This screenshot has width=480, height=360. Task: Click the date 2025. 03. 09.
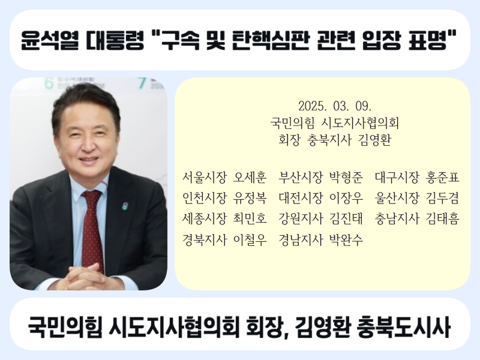[335, 106]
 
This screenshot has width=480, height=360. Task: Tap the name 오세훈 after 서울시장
[250, 178]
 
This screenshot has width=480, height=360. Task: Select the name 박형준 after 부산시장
[346, 178]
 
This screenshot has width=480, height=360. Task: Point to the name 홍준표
[442, 178]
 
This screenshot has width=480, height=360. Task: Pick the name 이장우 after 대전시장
[346, 198]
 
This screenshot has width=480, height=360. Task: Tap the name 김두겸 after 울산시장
[442, 198]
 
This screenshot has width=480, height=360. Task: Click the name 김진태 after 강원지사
[346, 218]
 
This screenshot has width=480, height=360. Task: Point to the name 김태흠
[442, 218]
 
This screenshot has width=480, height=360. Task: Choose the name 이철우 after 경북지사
[250, 239]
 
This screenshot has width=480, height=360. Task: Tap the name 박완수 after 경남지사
[346, 239]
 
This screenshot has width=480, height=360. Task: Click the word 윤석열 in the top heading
[49, 40]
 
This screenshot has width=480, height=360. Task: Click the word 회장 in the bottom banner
[266, 326]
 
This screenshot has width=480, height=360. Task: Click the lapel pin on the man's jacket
[125, 205]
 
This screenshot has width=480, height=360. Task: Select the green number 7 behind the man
[142, 83]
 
